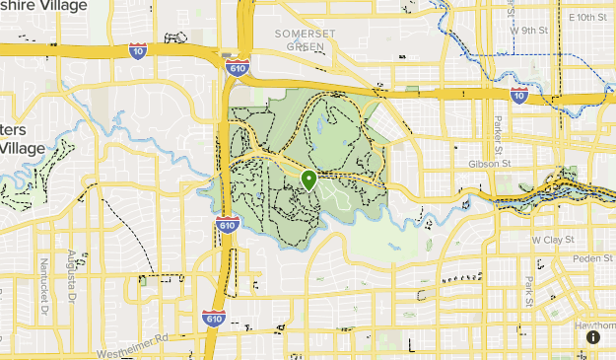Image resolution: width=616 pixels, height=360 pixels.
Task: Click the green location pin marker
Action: pyautogui.click(x=308, y=180)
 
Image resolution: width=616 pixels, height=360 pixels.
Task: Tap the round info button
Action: pyautogui.click(x=593, y=336)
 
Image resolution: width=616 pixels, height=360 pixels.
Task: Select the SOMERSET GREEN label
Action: pyautogui.click(x=298, y=39)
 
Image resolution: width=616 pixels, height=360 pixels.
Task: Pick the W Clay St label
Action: pyautogui.click(x=551, y=240)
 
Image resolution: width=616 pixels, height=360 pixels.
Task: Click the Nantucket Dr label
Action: pyautogui.click(x=44, y=279)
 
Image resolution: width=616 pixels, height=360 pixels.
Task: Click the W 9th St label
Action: pyautogui.click(x=528, y=30)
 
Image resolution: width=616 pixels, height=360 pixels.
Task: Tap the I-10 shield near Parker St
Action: pyautogui.click(x=518, y=96)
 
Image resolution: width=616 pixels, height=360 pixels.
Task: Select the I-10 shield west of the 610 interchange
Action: pyautogui.click(x=137, y=50)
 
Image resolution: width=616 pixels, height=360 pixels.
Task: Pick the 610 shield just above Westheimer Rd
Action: pyautogui.click(x=212, y=318)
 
